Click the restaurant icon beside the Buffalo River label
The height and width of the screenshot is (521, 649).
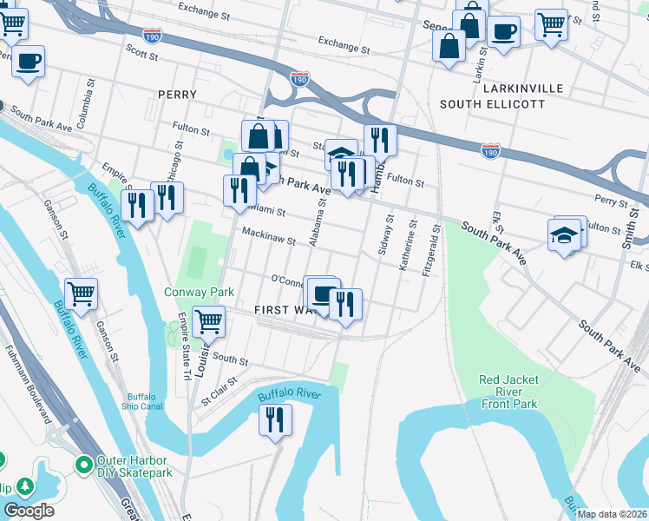[277, 420]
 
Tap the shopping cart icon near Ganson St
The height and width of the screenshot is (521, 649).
[81, 293]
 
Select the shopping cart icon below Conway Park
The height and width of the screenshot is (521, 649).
[208, 321]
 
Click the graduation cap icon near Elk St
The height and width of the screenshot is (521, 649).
[564, 234]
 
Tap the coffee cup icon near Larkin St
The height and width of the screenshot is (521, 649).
[503, 32]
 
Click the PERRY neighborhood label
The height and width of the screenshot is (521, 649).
[177, 94]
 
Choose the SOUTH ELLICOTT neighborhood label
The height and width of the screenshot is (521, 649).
[492, 104]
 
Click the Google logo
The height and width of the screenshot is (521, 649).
[29, 511]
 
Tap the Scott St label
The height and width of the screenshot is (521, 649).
[142, 54]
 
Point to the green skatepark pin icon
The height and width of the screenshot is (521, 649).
[84, 466]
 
